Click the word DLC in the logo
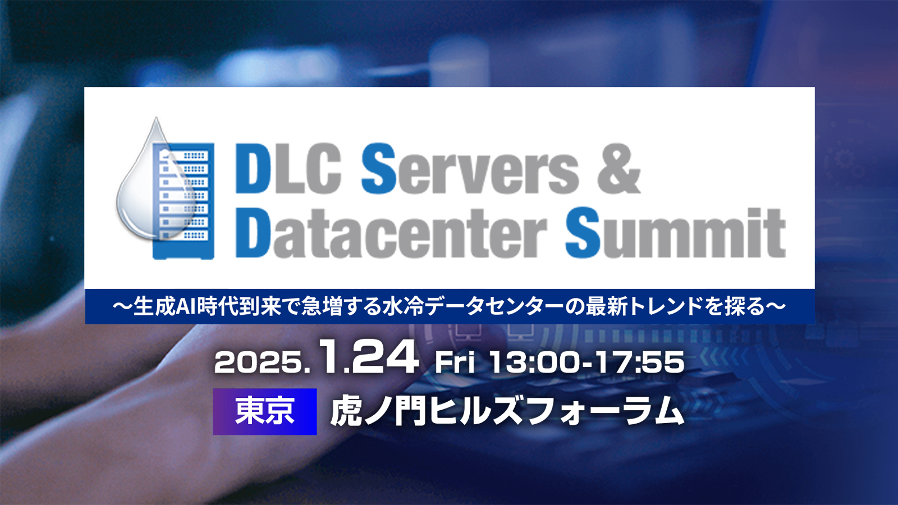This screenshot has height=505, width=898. coord(288,169)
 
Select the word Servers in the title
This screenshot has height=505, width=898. coord(470,169)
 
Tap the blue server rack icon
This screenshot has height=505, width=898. coord(184,201)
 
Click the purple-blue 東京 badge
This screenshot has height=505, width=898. coord(264,412)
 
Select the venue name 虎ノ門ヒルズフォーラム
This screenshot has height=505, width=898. coord(507,411)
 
